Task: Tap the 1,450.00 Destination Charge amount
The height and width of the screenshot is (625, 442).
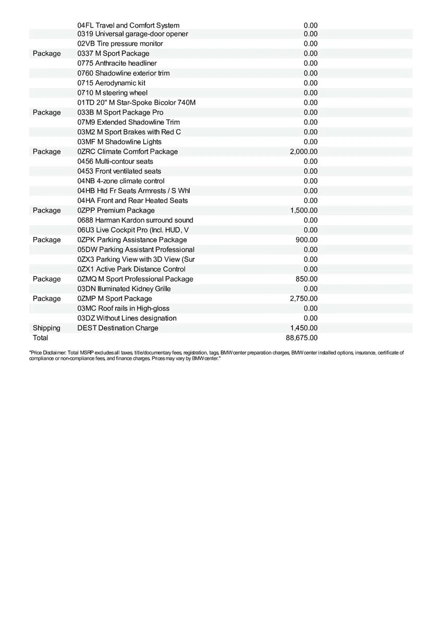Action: [303, 328]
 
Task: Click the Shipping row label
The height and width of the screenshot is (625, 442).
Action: [46, 328]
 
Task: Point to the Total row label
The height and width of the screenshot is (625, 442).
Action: [40, 338]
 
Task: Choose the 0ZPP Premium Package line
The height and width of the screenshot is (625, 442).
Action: [116, 210]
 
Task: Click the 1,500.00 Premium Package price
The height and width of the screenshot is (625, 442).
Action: [303, 210]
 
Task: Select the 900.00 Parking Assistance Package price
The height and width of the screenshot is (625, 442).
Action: [306, 240]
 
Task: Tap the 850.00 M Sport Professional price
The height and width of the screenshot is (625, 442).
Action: [306, 279]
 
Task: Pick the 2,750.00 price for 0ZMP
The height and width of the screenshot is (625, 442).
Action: [303, 298]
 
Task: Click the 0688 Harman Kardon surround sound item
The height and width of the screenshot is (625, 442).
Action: [135, 220]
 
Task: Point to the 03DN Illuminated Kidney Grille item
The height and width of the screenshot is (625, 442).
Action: [124, 289]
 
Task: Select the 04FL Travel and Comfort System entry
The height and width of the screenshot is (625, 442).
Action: [128, 26]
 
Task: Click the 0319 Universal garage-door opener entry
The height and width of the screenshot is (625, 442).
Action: [132, 34]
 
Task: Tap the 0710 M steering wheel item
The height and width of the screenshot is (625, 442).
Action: [112, 93]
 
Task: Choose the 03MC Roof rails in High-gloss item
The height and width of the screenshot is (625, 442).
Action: [123, 308]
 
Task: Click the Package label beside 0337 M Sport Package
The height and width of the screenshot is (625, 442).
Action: [46, 54]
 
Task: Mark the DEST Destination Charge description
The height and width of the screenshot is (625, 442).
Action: [117, 328]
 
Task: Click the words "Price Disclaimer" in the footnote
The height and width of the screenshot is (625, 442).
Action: [47, 353]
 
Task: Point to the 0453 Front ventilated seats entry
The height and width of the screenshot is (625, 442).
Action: [119, 171]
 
